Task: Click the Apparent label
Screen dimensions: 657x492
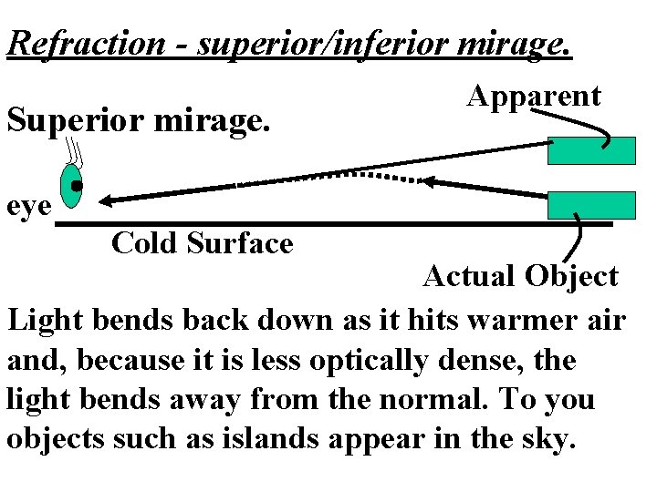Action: (534, 96)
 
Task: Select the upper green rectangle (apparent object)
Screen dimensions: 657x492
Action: (591, 150)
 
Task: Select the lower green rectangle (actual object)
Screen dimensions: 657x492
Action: (591, 205)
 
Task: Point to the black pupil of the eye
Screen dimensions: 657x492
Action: (78, 186)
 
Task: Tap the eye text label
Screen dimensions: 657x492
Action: (26, 207)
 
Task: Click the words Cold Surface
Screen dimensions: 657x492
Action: (202, 243)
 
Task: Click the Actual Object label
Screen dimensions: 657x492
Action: (520, 275)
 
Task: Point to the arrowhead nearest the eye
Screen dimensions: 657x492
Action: (109, 199)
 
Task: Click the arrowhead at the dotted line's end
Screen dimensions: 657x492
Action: (432, 182)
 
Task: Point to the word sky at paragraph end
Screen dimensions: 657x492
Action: (548, 440)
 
